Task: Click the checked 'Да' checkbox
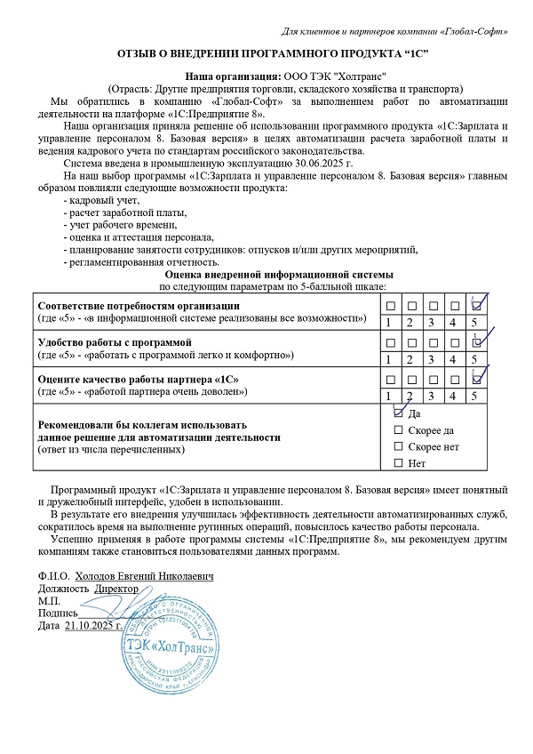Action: [x=398, y=414]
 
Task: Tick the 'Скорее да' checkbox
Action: [x=398, y=430]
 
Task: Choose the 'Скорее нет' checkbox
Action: [x=398, y=446]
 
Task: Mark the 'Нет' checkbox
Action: [x=398, y=463]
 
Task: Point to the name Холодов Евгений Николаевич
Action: [x=145, y=576]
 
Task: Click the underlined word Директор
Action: [x=116, y=589]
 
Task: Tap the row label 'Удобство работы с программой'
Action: [x=112, y=342]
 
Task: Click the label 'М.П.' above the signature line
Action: [x=48, y=601]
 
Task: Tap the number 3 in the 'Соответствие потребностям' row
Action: [x=432, y=322]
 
